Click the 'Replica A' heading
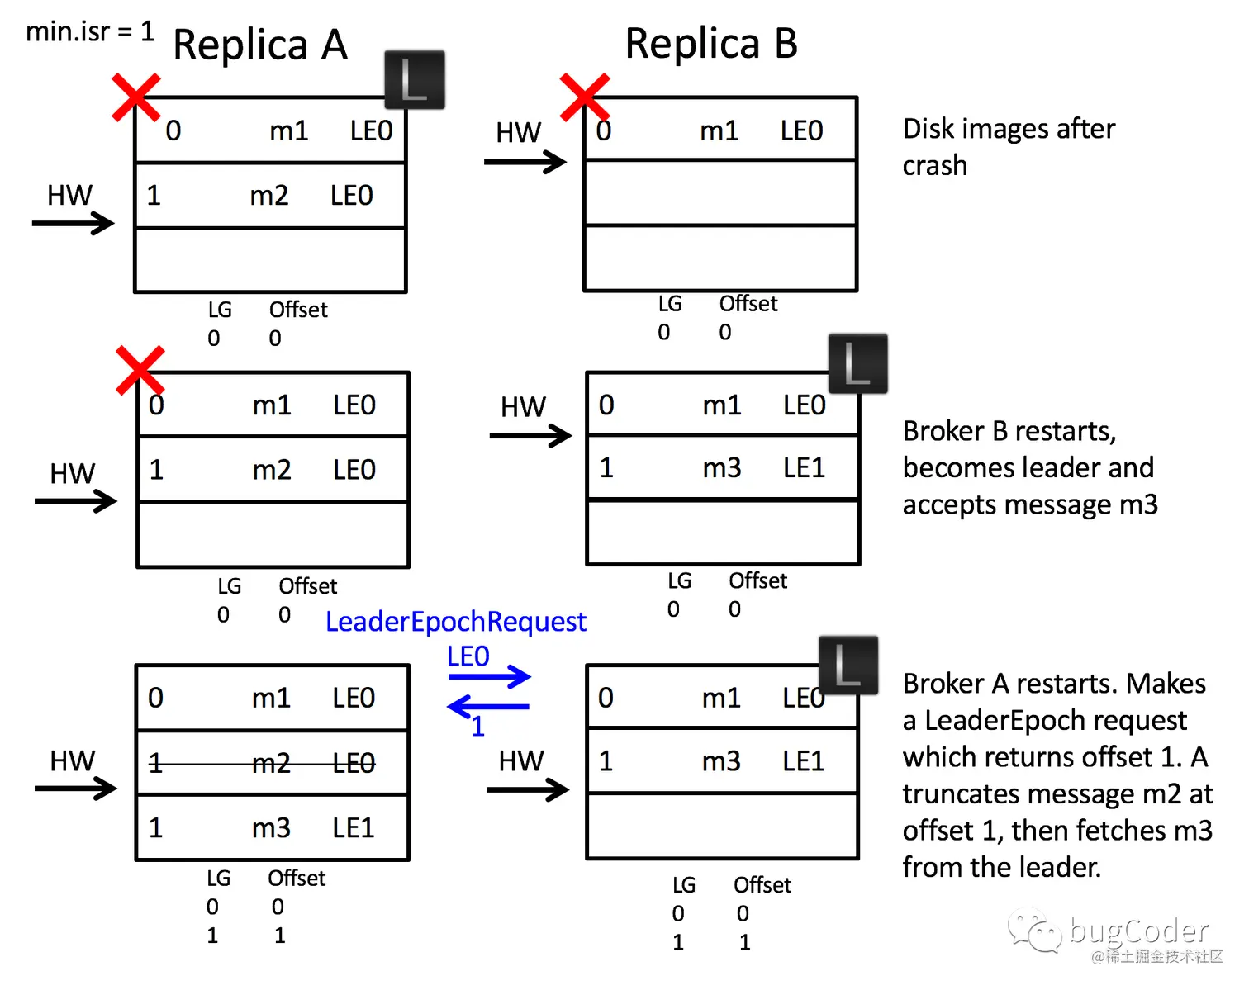pyautogui.click(x=259, y=45)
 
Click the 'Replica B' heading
pyautogui.click(x=710, y=43)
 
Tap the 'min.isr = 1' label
pyautogui.click(x=90, y=31)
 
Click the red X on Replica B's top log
pyautogui.click(x=584, y=97)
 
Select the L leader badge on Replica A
pyautogui.click(x=415, y=80)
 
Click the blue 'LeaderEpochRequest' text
pyautogui.click(x=455, y=621)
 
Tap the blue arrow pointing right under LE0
pyautogui.click(x=489, y=677)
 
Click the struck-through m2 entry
pyautogui.click(x=271, y=764)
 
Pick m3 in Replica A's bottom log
pyautogui.click(x=271, y=827)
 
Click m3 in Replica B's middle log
pyautogui.click(x=721, y=468)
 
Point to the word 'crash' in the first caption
pyautogui.click(x=934, y=165)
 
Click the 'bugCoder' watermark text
pyautogui.click(x=1137, y=931)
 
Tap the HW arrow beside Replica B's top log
pyautogui.click(x=525, y=162)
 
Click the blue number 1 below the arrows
pyautogui.click(x=477, y=727)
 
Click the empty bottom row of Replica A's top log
pyautogui.click(x=270, y=260)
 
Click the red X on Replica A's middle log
pyautogui.click(x=140, y=370)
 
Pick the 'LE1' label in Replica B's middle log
pyautogui.click(x=804, y=468)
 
